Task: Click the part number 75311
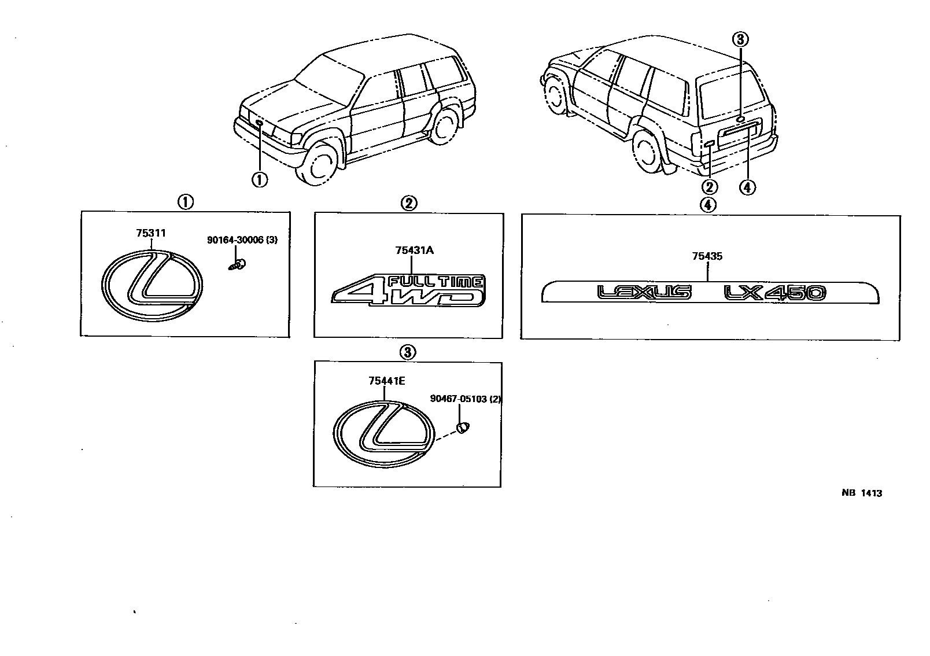coord(151,233)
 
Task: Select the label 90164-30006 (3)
coord(242,239)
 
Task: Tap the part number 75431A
coord(415,250)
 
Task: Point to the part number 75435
coord(707,256)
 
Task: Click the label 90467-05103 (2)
coord(465,399)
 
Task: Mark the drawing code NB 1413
coord(861,493)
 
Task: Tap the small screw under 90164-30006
coord(237,266)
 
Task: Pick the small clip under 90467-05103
coord(463,427)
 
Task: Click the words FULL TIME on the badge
coord(435,282)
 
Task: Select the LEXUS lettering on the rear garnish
coord(644,293)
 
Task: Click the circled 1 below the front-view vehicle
coord(259,180)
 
